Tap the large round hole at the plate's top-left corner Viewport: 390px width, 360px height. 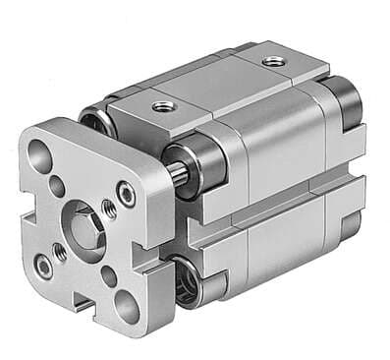[x=40, y=153]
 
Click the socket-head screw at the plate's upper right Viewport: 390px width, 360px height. [x=126, y=193]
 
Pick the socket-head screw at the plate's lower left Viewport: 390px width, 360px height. [x=44, y=265]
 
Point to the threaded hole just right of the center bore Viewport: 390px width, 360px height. [x=109, y=209]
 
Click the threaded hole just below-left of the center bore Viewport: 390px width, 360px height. [x=61, y=252]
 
